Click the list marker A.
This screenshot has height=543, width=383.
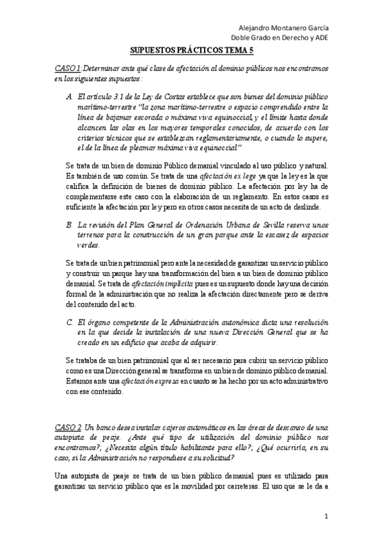tap(69, 96)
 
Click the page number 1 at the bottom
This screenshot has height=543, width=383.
tap(326, 516)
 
